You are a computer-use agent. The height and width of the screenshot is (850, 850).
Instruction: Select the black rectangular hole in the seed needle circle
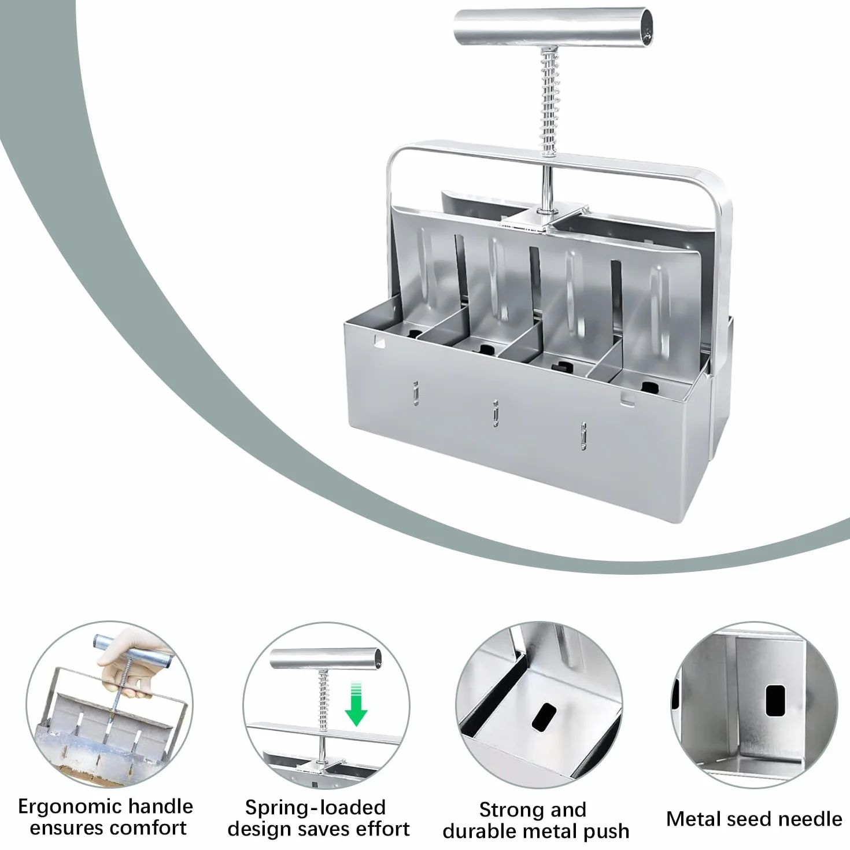coord(775,700)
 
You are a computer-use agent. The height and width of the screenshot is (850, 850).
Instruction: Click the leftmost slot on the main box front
coord(415,393)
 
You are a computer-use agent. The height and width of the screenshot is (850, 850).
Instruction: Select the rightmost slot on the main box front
coord(583,436)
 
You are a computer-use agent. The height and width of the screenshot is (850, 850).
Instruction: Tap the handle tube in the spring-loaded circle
coord(326,659)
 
